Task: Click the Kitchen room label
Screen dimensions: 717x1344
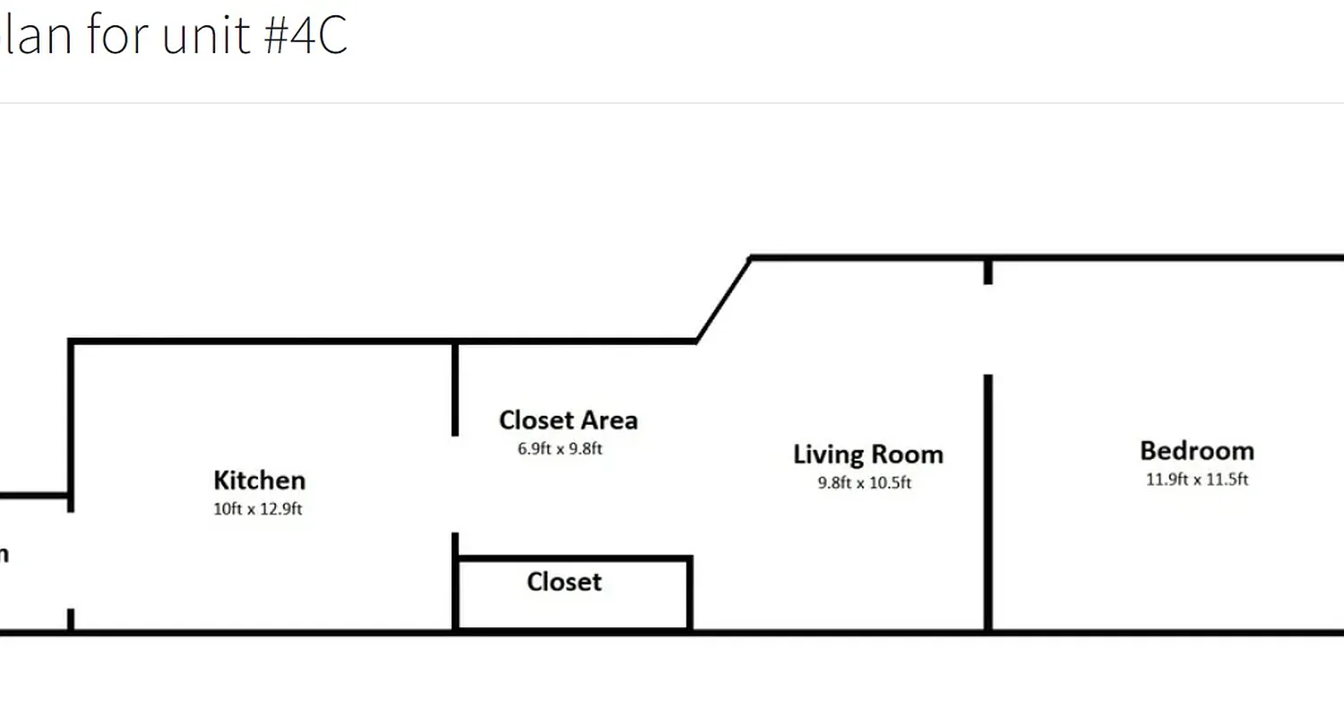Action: click(x=259, y=480)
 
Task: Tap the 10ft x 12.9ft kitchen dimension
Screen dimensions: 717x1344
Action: click(x=258, y=510)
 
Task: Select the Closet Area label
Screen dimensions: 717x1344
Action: click(x=568, y=419)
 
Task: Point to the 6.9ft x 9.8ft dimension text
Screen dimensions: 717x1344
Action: click(x=560, y=448)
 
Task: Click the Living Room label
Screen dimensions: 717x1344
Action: click(x=867, y=454)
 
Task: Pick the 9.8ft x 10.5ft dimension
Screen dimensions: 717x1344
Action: click(x=865, y=483)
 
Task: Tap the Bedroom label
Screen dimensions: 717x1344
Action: click(x=1196, y=450)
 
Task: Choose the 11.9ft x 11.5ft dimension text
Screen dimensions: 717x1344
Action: click(x=1197, y=479)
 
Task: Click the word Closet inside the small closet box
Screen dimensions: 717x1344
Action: click(x=564, y=582)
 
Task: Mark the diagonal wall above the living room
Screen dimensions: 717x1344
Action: click(x=723, y=299)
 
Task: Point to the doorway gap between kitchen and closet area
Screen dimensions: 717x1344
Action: click(x=455, y=484)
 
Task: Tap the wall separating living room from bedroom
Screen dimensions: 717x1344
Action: click(x=987, y=502)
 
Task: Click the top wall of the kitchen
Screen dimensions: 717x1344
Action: click(x=260, y=341)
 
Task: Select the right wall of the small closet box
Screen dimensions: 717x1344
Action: click(x=689, y=593)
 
